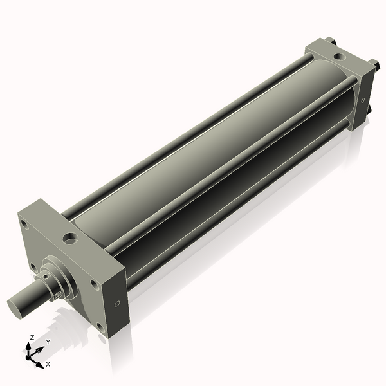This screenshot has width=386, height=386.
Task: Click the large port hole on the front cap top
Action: (x=69, y=239)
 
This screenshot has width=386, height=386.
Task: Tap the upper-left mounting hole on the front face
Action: (x=24, y=225)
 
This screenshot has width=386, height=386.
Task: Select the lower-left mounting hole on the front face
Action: (x=32, y=266)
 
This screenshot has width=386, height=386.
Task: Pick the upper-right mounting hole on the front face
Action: (x=94, y=284)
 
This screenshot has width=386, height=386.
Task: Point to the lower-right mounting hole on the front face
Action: (x=100, y=326)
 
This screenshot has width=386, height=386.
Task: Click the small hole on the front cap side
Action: (x=117, y=303)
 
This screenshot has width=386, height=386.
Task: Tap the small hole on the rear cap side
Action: (x=363, y=100)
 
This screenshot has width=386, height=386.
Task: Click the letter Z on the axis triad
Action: (x=32, y=337)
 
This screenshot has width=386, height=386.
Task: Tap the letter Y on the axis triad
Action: (x=48, y=342)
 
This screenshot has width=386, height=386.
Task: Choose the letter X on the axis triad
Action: (x=48, y=364)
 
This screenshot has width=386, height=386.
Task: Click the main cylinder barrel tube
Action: (x=212, y=161)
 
